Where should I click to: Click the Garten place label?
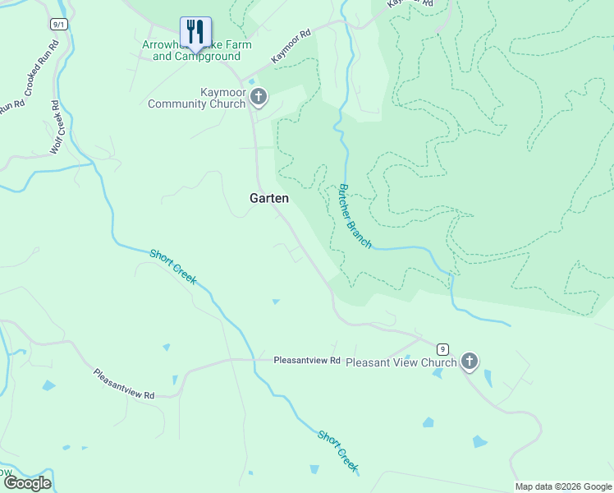268,198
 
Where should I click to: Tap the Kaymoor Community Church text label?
197,98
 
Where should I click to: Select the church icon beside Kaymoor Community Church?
259,98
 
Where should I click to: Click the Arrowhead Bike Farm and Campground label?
196,51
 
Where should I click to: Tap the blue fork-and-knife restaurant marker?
195,32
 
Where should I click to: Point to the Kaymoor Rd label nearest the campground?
292,47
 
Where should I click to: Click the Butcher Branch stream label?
355,216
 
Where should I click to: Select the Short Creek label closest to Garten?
173,266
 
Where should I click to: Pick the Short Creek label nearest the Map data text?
338,451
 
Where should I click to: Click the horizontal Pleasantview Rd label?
306,360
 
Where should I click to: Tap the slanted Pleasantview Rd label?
124,384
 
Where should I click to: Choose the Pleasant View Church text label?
401,362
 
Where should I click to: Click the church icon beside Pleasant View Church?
469,361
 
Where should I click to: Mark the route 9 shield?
442,348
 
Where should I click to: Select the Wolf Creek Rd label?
56,127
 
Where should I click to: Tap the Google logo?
26,483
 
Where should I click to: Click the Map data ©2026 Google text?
563,486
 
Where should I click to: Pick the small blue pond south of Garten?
276,302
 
